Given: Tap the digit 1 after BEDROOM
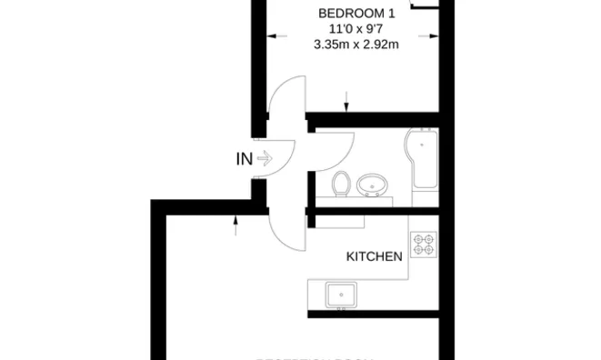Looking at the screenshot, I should click(x=392, y=14).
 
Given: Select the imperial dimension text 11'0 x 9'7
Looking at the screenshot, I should click(x=356, y=29).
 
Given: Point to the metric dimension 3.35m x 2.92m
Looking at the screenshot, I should click(x=356, y=45).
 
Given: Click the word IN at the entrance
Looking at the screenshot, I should click(x=244, y=159).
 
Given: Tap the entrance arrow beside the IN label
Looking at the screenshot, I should click(x=265, y=159).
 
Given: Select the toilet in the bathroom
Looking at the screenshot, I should click(x=342, y=184).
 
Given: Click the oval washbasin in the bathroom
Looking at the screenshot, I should click(x=371, y=185).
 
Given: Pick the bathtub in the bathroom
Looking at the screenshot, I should click(x=423, y=160).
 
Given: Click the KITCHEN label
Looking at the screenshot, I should click(x=375, y=256).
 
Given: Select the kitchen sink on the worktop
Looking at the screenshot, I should click(x=341, y=295).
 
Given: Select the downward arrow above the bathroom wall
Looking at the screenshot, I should click(x=346, y=103).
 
